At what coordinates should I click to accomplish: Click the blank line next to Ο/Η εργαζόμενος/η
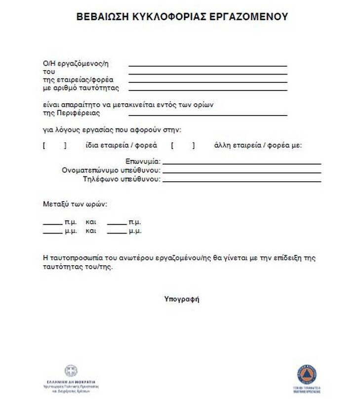click(207, 65)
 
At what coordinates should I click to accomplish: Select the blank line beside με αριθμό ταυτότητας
click(207, 90)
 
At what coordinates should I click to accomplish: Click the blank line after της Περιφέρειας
click(207, 115)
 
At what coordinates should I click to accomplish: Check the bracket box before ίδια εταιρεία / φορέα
click(55, 146)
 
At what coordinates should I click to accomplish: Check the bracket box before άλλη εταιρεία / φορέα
click(183, 146)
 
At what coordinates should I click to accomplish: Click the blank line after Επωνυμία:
click(242, 162)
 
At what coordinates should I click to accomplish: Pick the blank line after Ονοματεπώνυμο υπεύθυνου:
click(242, 172)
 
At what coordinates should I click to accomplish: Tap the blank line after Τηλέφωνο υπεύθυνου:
click(242, 181)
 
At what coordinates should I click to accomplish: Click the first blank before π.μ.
click(52, 224)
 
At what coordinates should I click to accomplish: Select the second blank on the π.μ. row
click(117, 224)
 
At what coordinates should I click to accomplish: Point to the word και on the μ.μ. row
click(90, 231)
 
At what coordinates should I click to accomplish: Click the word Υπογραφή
click(182, 299)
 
